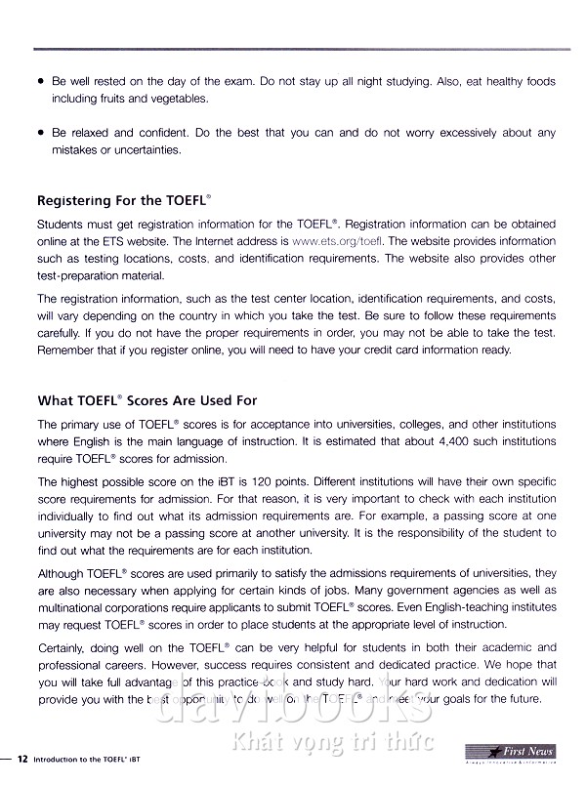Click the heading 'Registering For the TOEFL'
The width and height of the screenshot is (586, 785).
pyautogui.click(x=121, y=201)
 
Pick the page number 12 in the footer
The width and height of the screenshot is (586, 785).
pyautogui.click(x=21, y=753)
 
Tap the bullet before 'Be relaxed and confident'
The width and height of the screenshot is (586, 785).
pyautogui.click(x=39, y=133)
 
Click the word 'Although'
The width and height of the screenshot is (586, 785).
pyautogui.click(x=63, y=572)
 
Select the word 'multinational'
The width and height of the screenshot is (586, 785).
pyautogui.click(x=74, y=607)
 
